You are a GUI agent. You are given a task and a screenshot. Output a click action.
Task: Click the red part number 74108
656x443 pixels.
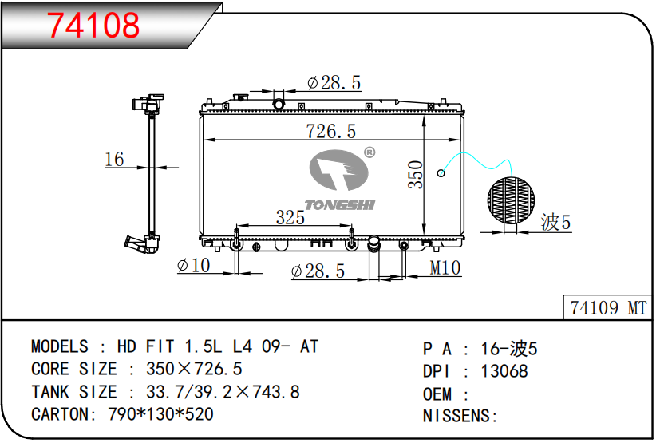pos(93,25)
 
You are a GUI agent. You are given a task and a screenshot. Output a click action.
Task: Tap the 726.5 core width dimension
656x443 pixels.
pos(330,131)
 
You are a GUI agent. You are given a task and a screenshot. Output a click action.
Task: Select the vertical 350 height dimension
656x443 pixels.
pos(416,175)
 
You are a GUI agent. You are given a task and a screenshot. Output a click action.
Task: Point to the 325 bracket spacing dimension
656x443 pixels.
pos(290,217)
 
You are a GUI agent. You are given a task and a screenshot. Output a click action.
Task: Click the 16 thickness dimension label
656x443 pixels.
pos(114,160)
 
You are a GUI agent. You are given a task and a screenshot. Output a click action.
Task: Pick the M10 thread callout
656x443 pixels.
pos(445,267)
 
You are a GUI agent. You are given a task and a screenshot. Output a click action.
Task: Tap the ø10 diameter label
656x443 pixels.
pos(193,265)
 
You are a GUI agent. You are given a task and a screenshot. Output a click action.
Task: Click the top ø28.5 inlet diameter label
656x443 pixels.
pos(334,83)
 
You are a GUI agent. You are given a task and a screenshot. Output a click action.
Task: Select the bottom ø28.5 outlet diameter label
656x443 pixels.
pos(318,271)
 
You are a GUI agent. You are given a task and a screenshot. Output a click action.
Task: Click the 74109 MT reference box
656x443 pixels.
pos(608,308)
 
